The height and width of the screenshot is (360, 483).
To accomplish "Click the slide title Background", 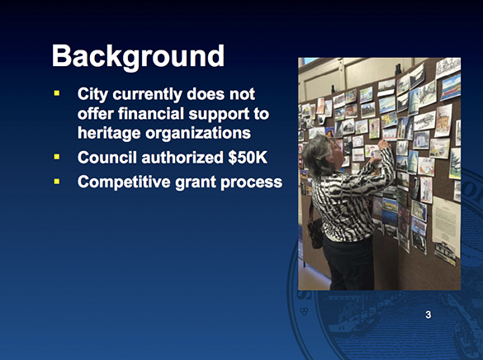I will click(x=138, y=56).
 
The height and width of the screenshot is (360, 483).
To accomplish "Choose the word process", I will click(x=255, y=182).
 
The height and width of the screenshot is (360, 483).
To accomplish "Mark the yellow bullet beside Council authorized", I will click(x=58, y=156).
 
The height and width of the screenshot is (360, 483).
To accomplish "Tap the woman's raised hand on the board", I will click(x=382, y=146).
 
